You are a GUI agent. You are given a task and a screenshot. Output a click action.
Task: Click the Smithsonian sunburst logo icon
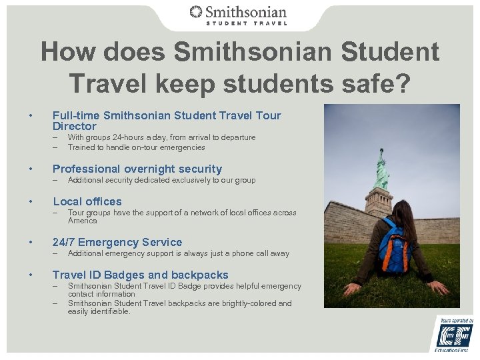click(x=196, y=11)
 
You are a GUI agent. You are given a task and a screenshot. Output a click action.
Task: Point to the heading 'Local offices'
click(x=87, y=201)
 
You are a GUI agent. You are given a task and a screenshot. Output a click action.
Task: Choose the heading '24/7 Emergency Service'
click(x=117, y=242)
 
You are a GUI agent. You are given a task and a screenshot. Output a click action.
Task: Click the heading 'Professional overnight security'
click(x=137, y=169)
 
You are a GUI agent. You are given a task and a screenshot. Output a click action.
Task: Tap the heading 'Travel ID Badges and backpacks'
click(x=140, y=275)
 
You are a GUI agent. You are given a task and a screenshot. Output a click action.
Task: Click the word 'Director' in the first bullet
click(x=74, y=126)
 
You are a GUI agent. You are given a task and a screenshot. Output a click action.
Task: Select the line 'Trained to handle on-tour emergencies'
click(x=136, y=147)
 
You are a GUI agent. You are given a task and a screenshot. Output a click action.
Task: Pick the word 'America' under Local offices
click(x=82, y=221)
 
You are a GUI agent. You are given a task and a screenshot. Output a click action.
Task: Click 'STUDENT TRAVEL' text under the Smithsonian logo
click(x=246, y=23)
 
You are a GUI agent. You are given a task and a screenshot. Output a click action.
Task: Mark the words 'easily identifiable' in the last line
click(x=99, y=311)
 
